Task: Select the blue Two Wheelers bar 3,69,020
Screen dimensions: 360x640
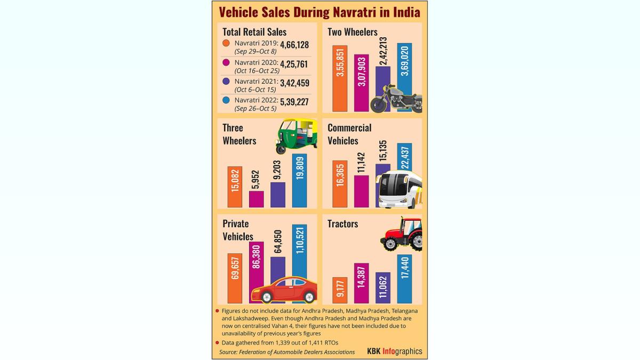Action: (x=404, y=69)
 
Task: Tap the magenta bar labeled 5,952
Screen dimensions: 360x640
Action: (x=256, y=199)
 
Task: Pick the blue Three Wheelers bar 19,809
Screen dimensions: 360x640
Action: (x=299, y=180)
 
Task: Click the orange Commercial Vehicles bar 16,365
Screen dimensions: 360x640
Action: (x=340, y=183)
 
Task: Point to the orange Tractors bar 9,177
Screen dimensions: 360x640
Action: (x=340, y=290)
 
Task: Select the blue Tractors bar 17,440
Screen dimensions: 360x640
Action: (x=404, y=278)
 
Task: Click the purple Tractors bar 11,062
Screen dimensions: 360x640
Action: (x=382, y=287)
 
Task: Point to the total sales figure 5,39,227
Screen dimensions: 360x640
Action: (x=291, y=101)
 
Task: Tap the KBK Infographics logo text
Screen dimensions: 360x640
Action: (x=394, y=351)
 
